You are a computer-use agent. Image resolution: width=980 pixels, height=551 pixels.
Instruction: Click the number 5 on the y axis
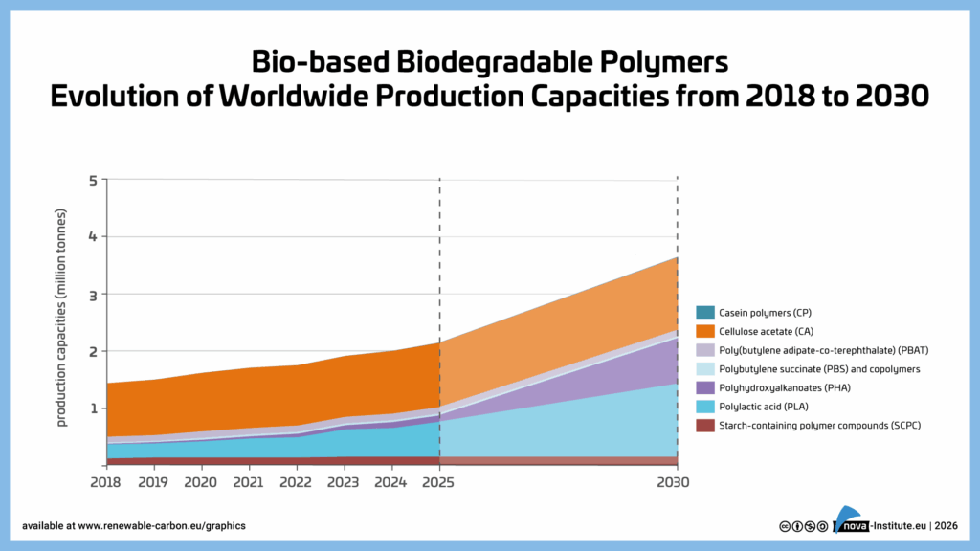(93, 180)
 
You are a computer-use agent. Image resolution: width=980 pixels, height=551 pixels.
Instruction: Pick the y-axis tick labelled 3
(93, 294)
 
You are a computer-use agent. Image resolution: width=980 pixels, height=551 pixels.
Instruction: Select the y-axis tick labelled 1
(93, 408)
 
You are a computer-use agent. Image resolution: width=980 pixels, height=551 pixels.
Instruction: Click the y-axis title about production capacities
(62, 316)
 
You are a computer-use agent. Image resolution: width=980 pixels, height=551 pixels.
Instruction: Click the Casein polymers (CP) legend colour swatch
(703, 313)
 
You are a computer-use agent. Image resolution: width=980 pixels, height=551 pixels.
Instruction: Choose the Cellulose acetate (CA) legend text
(767, 331)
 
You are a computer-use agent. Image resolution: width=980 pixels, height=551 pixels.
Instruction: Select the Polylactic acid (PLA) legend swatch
(703, 407)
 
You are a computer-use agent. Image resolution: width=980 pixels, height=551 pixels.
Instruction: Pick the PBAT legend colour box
(703, 350)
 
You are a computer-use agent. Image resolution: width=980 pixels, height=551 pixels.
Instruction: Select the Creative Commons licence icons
(803, 525)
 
